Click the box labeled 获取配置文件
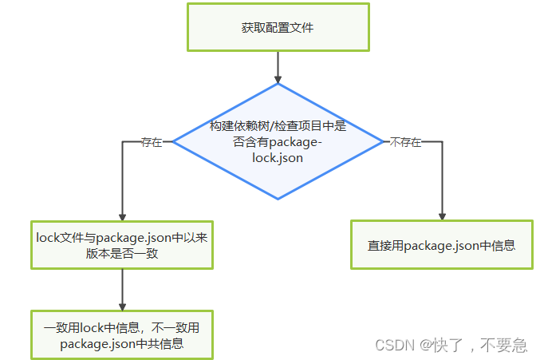coord(278,27)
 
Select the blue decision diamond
coord(278,142)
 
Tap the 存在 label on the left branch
coord(152,142)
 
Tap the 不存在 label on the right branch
coord(404,142)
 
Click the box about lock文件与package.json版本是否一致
coord(122,245)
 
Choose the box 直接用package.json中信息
coord(441,245)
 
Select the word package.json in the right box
coord(441,245)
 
